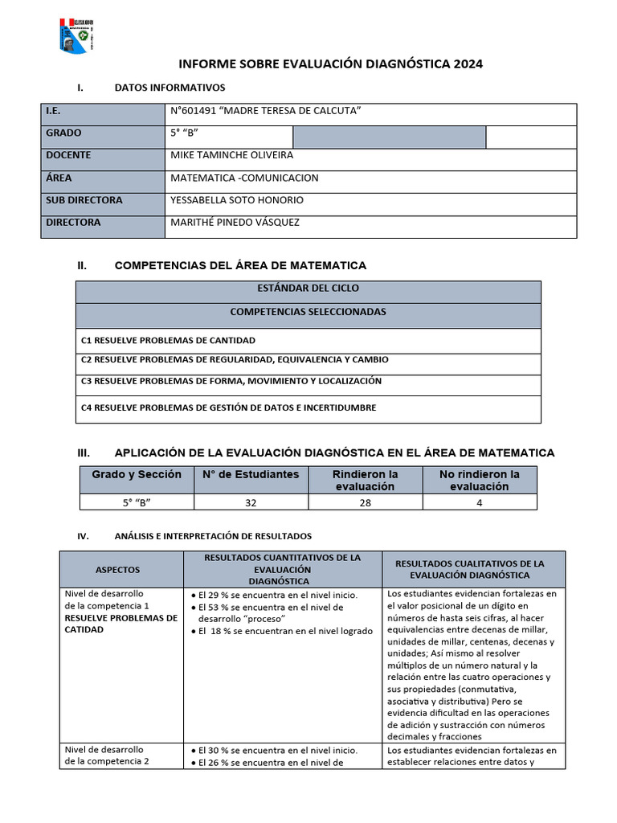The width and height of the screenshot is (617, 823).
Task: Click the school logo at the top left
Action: point(77,35)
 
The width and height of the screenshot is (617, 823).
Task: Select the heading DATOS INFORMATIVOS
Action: point(170,88)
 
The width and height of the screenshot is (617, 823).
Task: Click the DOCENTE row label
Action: point(68,155)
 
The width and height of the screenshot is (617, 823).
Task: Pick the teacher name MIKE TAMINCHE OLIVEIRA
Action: point(232,155)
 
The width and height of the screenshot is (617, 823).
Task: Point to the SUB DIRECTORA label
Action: point(84,200)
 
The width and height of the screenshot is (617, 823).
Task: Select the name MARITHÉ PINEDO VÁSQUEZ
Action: point(235,223)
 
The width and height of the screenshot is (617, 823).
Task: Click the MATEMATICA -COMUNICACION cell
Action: point(245,178)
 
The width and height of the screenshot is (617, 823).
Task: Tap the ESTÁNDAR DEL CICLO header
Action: point(308,288)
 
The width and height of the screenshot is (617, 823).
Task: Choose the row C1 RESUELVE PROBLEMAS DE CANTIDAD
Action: point(169,341)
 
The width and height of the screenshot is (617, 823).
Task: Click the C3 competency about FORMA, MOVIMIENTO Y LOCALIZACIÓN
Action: point(231,381)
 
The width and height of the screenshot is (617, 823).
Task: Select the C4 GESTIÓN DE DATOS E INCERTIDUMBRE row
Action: point(229,407)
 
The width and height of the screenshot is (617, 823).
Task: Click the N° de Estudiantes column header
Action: point(251,475)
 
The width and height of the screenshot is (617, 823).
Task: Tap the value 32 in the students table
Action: point(251,502)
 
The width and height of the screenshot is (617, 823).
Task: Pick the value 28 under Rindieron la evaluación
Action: point(365,502)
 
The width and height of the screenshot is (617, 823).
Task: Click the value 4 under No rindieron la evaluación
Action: point(480,502)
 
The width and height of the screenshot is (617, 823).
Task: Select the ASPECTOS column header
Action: point(118,570)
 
